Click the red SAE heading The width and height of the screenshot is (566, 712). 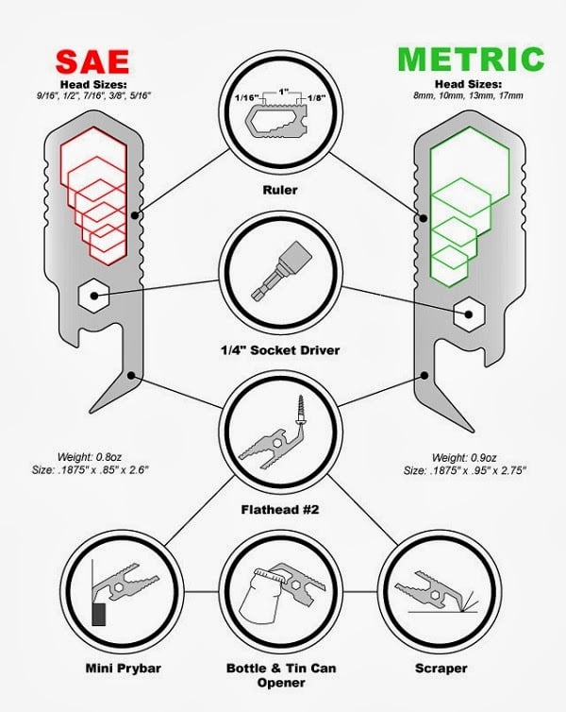[92, 61]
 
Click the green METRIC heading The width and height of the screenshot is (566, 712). [471, 59]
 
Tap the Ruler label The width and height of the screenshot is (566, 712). [280, 190]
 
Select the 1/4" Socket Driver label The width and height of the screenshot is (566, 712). [280, 350]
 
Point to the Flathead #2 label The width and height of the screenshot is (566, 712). [280, 510]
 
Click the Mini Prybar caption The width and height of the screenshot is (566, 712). [124, 669]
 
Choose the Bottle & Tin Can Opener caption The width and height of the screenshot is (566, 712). [281, 675]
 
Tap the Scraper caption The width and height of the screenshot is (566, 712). [441, 669]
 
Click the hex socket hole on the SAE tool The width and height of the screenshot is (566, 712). [94, 296]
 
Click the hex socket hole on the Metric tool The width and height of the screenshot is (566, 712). [470, 314]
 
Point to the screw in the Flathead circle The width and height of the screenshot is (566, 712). [300, 409]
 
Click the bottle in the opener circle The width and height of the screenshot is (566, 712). [258, 599]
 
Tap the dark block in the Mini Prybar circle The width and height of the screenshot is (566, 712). [99, 615]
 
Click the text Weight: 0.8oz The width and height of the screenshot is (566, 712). [90, 457]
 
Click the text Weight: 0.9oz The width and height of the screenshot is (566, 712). [464, 457]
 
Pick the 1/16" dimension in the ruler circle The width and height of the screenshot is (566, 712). [246, 97]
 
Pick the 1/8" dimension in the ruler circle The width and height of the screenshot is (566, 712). [316, 97]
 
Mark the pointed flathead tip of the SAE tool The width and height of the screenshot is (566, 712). [92, 411]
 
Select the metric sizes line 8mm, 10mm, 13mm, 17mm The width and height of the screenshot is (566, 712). [469, 95]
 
